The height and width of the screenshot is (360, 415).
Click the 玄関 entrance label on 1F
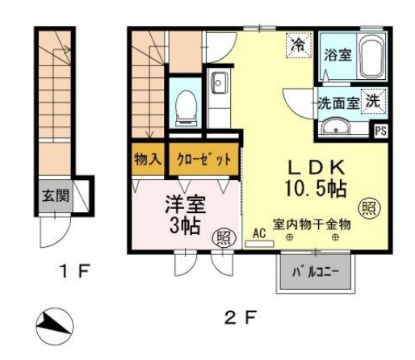coord(55,195)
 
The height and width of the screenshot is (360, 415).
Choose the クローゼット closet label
coord(204,159)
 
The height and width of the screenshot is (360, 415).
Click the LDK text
coord(316,167)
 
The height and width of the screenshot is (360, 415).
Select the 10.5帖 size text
coord(318,189)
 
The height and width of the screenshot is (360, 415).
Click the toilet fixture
coord(183,106)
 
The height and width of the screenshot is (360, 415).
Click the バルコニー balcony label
coord(321,274)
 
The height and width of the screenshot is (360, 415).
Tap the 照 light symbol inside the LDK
coord(370,207)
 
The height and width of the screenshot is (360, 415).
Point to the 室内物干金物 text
coord(312,224)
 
